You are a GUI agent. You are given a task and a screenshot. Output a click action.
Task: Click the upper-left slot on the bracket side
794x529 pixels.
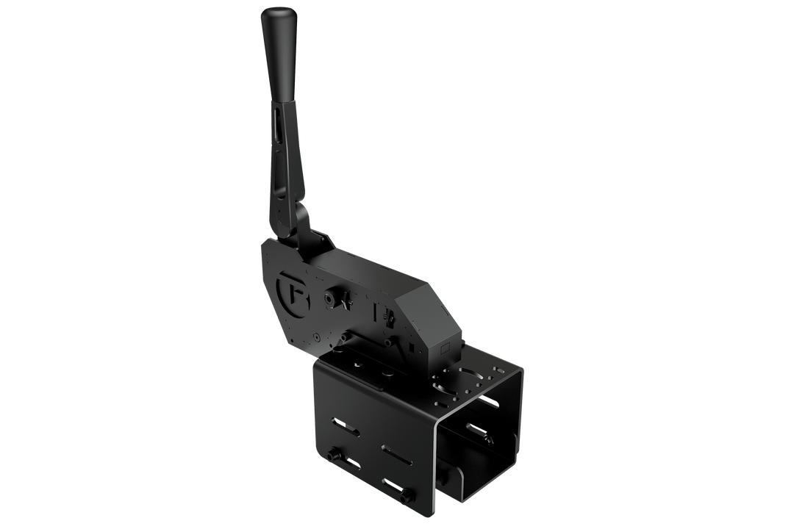click(x=343, y=425)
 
